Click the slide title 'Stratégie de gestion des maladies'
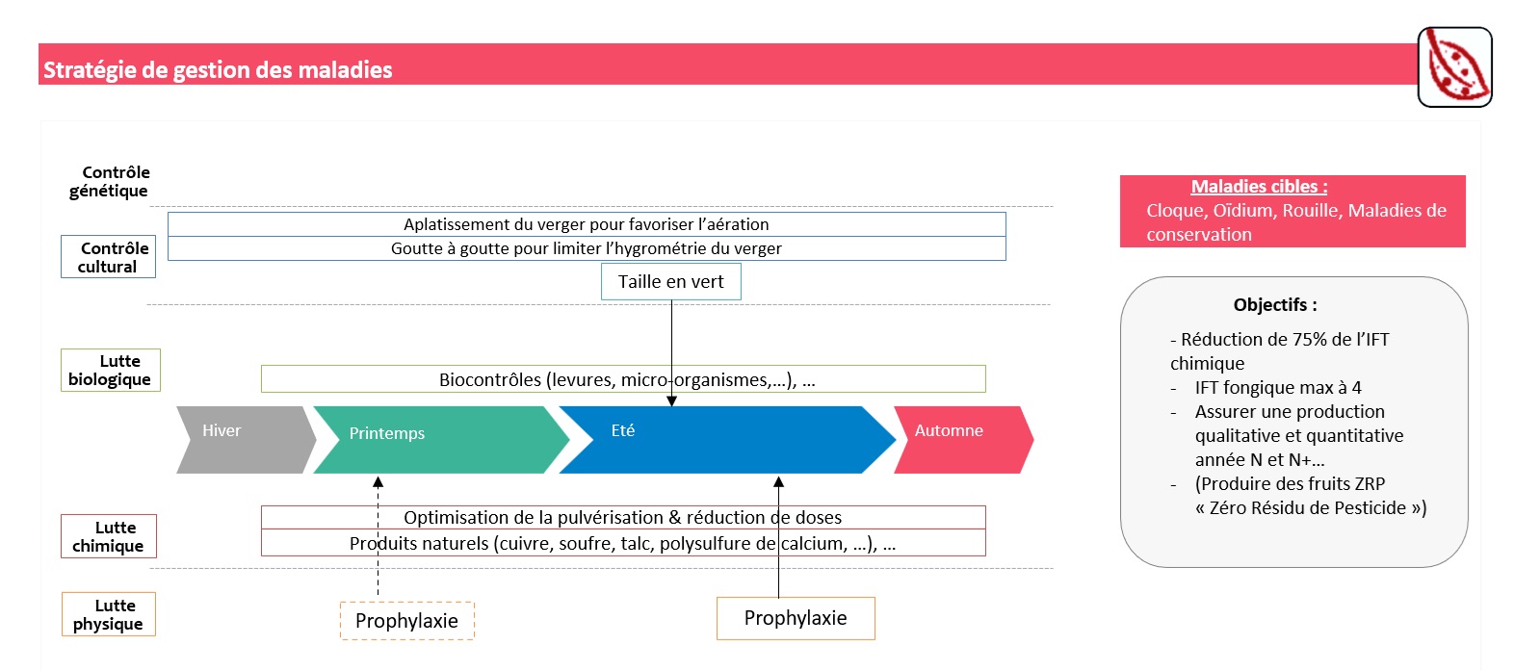point(218,69)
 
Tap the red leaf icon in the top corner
point(1454,66)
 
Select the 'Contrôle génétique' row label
point(110,181)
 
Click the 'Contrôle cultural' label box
point(109,257)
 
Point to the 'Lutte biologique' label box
point(111,370)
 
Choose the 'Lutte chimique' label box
point(109,536)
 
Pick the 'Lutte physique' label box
point(109,614)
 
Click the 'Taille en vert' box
point(671,282)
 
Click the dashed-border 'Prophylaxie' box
point(407,621)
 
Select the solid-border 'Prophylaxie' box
point(796,618)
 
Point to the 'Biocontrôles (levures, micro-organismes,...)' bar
point(623,379)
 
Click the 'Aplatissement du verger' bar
point(587,224)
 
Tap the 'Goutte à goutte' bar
point(587,248)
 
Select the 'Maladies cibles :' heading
point(1259,187)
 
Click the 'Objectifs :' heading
point(1275,305)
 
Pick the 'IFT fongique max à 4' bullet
point(1278,388)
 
